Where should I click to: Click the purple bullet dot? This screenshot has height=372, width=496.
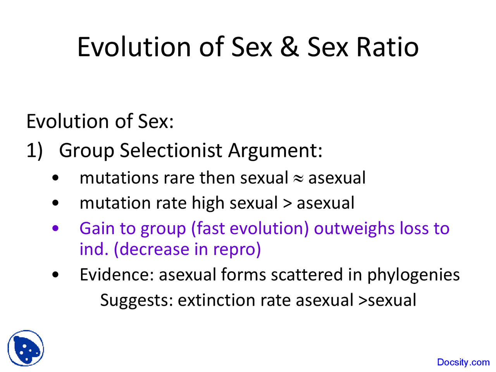pyautogui.click(x=55, y=228)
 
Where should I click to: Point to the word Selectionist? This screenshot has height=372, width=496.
pyautogui.click(x=171, y=150)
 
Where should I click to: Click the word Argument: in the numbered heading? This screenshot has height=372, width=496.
pyautogui.click(x=275, y=151)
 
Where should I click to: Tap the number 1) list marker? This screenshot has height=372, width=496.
pyautogui.click(x=34, y=151)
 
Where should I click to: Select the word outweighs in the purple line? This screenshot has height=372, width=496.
pyautogui.click(x=354, y=229)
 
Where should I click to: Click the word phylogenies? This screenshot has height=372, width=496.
pyautogui.click(x=413, y=275)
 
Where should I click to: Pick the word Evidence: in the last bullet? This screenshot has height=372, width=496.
pyautogui.click(x=117, y=275)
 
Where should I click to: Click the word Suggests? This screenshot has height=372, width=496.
pyautogui.click(x=137, y=301)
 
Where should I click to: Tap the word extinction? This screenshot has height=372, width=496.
pyautogui.click(x=217, y=300)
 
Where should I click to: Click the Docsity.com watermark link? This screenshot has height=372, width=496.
pyautogui.click(x=463, y=362)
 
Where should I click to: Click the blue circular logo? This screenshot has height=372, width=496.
pyautogui.click(x=26, y=348)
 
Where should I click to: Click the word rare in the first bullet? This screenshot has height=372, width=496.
pyautogui.click(x=179, y=178)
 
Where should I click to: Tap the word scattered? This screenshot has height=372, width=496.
pyautogui.click(x=307, y=275)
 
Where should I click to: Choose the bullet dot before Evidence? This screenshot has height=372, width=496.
pyautogui.click(x=55, y=275)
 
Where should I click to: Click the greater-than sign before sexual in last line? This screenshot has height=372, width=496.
pyautogui.click(x=363, y=301)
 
